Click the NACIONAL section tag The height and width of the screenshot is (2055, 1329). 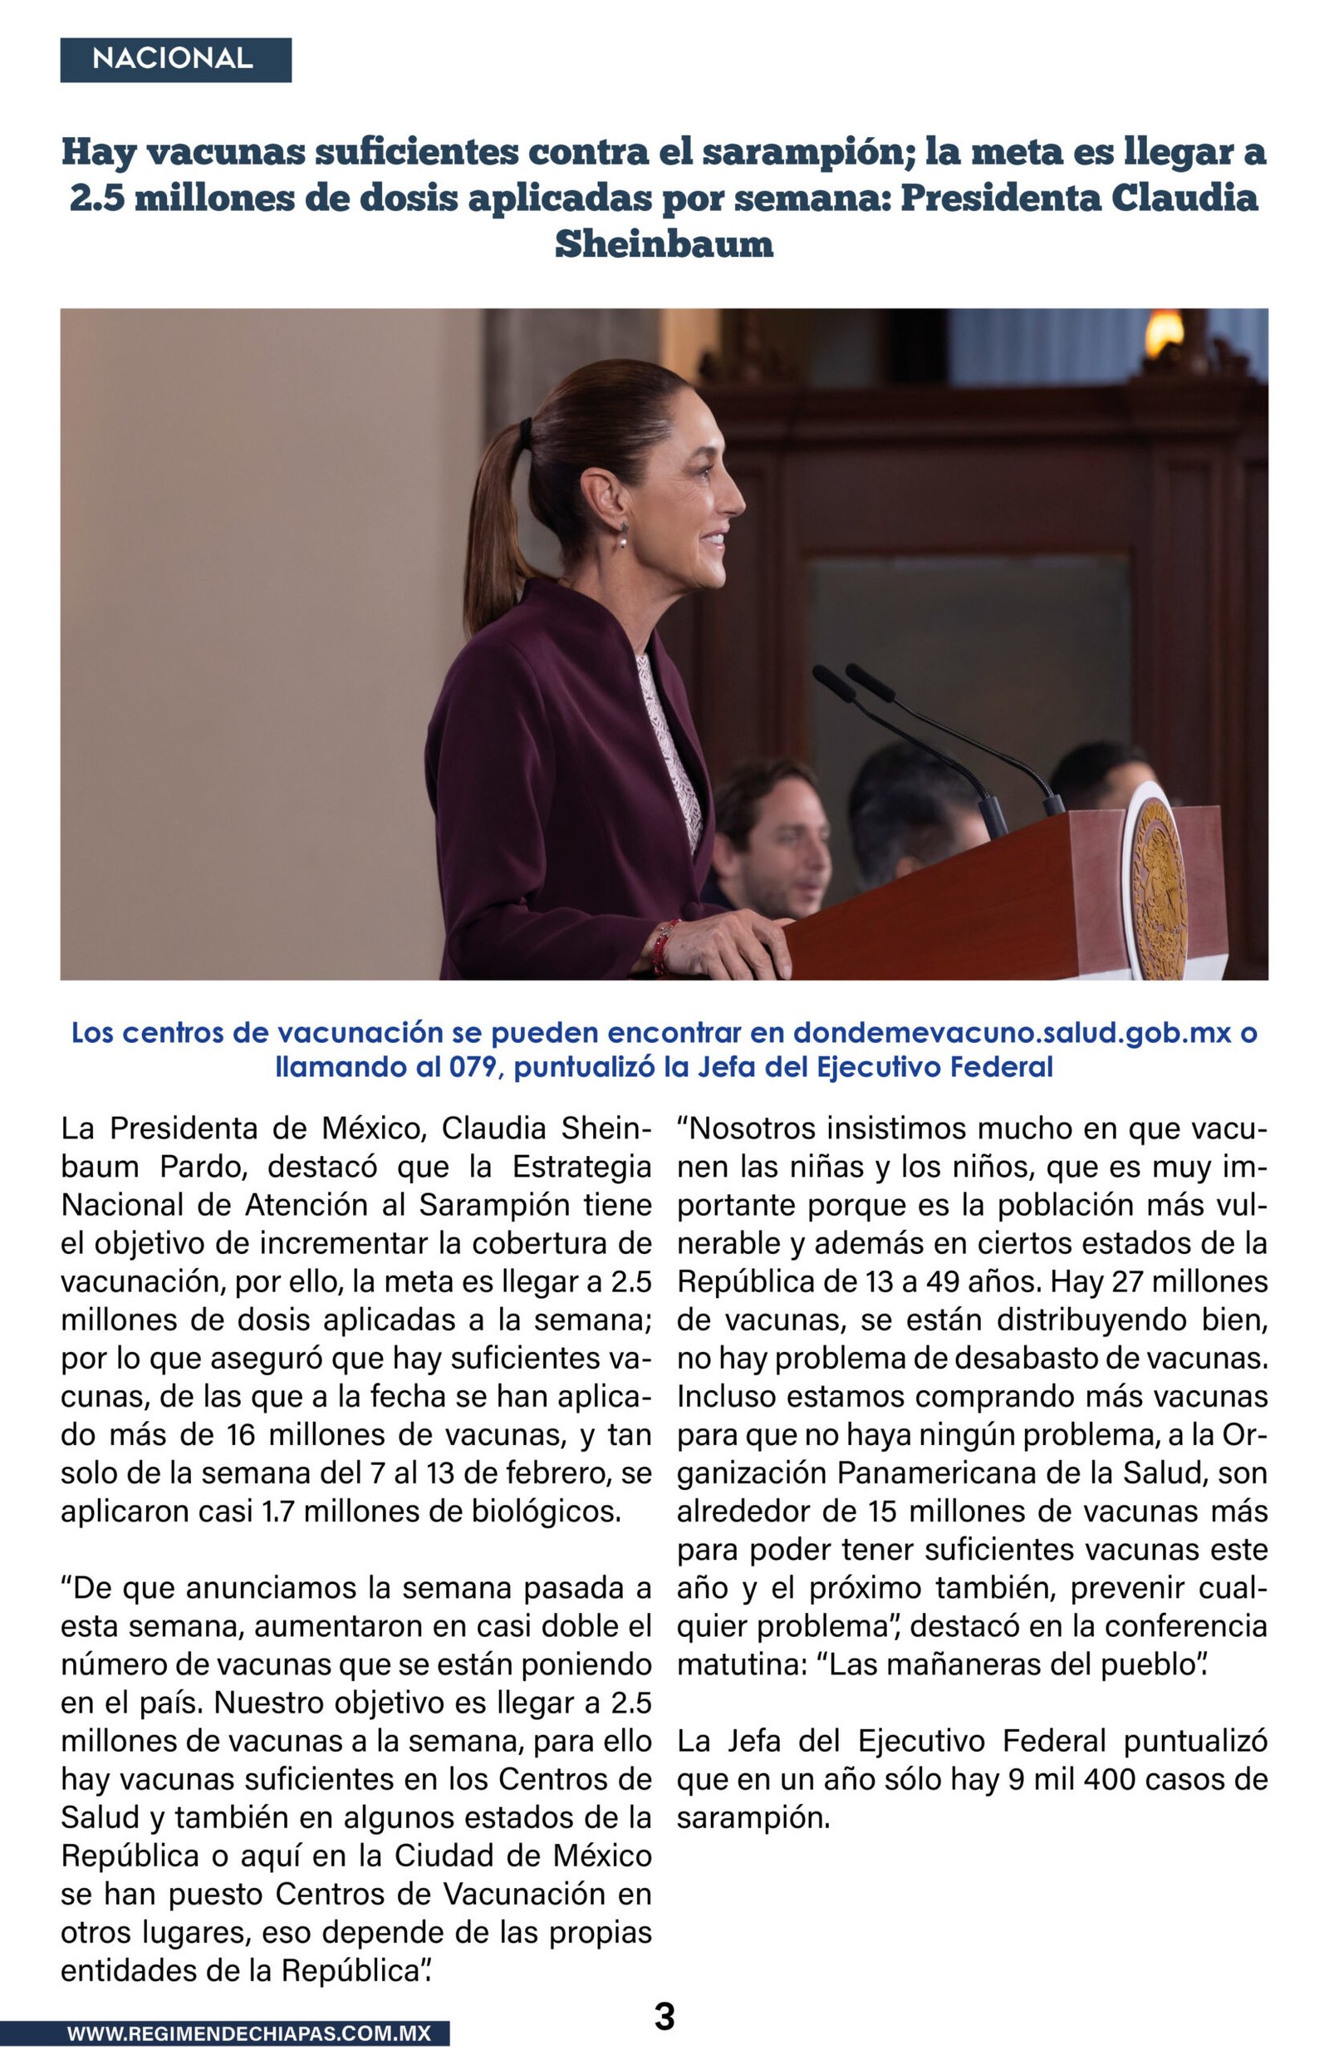click(x=175, y=60)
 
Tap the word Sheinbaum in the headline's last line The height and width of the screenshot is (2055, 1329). click(x=664, y=244)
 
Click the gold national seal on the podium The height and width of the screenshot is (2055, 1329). click(x=1157, y=889)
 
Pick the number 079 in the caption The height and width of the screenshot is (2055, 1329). click(x=473, y=1068)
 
